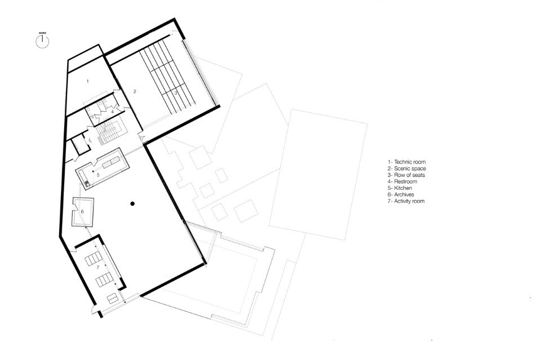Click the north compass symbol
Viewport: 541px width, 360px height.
pyautogui.click(x=42, y=42)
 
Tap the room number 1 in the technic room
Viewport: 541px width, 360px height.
pyautogui.click(x=88, y=81)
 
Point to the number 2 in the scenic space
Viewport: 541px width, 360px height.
pyautogui.click(x=135, y=91)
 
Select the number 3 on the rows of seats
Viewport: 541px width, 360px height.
pyautogui.click(x=175, y=93)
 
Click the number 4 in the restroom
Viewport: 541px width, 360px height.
pyautogui.click(x=112, y=112)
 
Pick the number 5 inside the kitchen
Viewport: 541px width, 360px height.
pyautogui.click(x=98, y=175)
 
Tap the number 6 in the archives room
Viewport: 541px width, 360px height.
pyautogui.click(x=82, y=212)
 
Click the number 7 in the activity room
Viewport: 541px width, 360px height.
pyautogui.click(x=97, y=267)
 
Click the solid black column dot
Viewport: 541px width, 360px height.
pyautogui.click(x=132, y=204)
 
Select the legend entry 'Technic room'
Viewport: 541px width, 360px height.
pyautogui.click(x=406, y=162)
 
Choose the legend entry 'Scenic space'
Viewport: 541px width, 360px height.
pyautogui.click(x=406, y=168)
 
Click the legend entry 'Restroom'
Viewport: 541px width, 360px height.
pyautogui.click(x=402, y=181)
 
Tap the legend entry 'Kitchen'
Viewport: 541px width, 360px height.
pyautogui.click(x=400, y=188)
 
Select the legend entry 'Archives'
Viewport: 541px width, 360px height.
pyautogui.click(x=401, y=194)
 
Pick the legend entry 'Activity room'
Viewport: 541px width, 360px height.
pyautogui.click(x=406, y=201)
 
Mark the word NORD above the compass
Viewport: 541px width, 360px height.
pyautogui.click(x=42, y=33)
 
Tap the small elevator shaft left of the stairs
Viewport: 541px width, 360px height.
pyautogui.click(x=81, y=145)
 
